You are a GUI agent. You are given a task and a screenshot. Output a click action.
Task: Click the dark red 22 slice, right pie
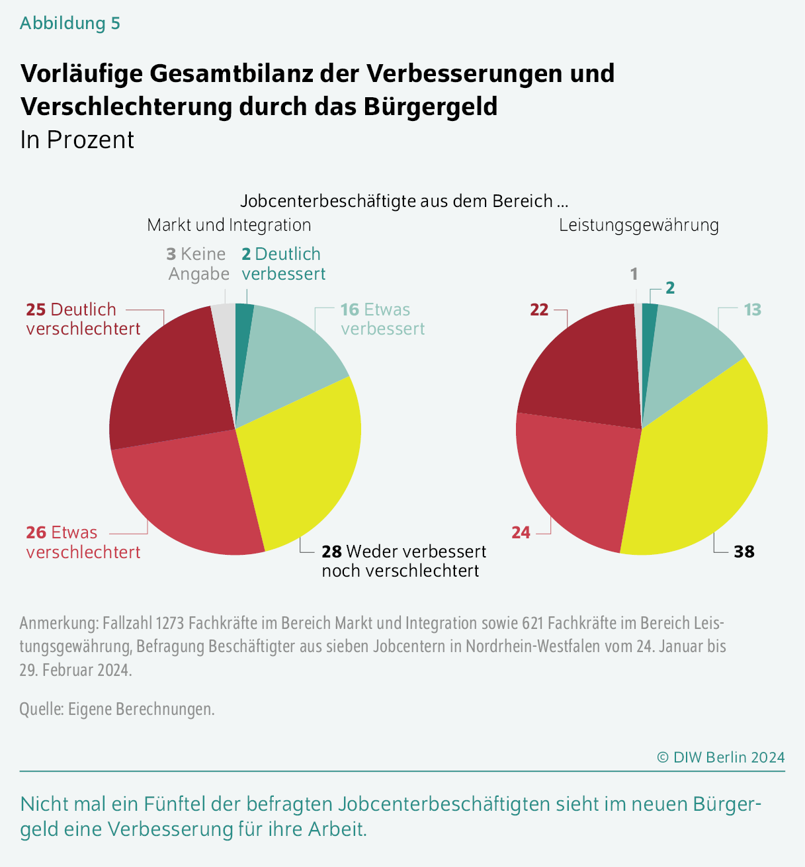pos(582,370)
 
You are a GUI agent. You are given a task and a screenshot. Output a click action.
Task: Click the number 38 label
pos(744,552)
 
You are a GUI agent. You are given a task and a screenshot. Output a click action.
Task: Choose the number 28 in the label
pos(331,552)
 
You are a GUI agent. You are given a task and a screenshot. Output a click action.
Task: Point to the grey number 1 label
pos(634,274)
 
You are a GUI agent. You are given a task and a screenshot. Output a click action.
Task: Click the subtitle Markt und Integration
pos(229,225)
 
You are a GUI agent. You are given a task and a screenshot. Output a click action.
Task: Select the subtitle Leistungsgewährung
pos(639,225)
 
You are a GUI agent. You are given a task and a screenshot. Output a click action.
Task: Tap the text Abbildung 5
pos(70,23)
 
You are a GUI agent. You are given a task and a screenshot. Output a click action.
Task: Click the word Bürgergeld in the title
pos(431,106)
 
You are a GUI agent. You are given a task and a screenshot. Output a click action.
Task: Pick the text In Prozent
pos(77,140)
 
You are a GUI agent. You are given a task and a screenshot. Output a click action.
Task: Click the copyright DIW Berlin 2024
pos(721,757)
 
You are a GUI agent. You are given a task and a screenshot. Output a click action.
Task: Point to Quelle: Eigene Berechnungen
pos(117,709)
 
